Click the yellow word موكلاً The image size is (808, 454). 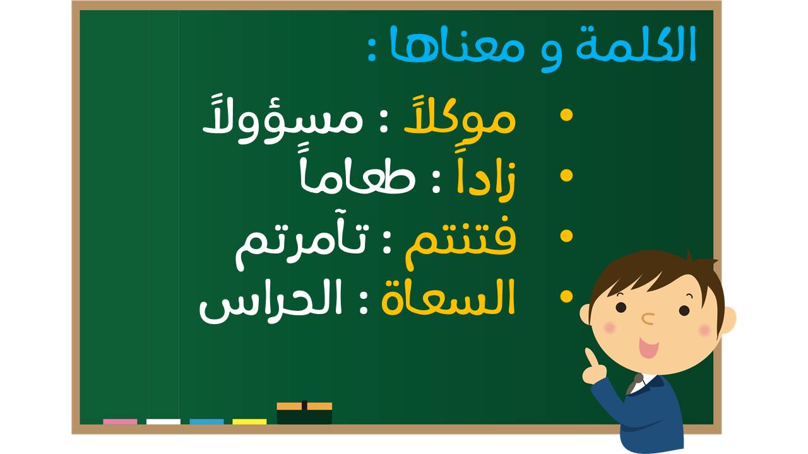[x=460, y=117]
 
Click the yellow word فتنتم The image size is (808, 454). [x=461, y=242]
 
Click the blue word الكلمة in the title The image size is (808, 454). [x=636, y=44]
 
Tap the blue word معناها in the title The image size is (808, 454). [x=457, y=44]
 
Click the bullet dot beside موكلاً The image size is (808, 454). [x=567, y=115]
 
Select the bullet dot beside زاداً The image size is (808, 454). [x=567, y=175]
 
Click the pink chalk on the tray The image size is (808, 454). [x=120, y=422]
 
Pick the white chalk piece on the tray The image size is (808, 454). [x=163, y=422]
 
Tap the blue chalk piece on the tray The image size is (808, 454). [x=206, y=422]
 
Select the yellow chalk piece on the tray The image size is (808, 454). [x=249, y=422]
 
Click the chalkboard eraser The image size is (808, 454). [x=304, y=413]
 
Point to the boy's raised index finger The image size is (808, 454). [x=590, y=358]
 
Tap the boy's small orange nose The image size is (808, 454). [x=648, y=319]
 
